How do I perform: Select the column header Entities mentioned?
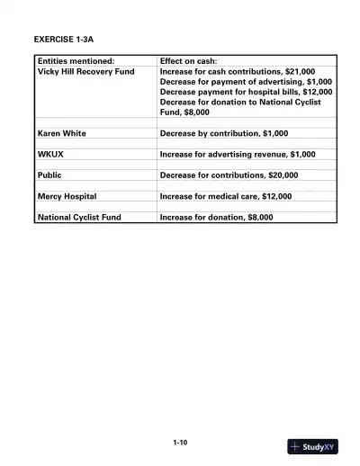coord(76,61)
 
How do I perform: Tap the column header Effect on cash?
coord(193,61)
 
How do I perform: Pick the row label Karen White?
coord(62,133)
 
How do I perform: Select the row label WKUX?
coord(50,154)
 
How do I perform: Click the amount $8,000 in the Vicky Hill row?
coord(196,112)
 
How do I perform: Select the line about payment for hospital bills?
coord(246,92)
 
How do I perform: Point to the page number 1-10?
coord(180,442)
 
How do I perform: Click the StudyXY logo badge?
coord(313,446)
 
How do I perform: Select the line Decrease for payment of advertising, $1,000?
coord(246,81)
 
